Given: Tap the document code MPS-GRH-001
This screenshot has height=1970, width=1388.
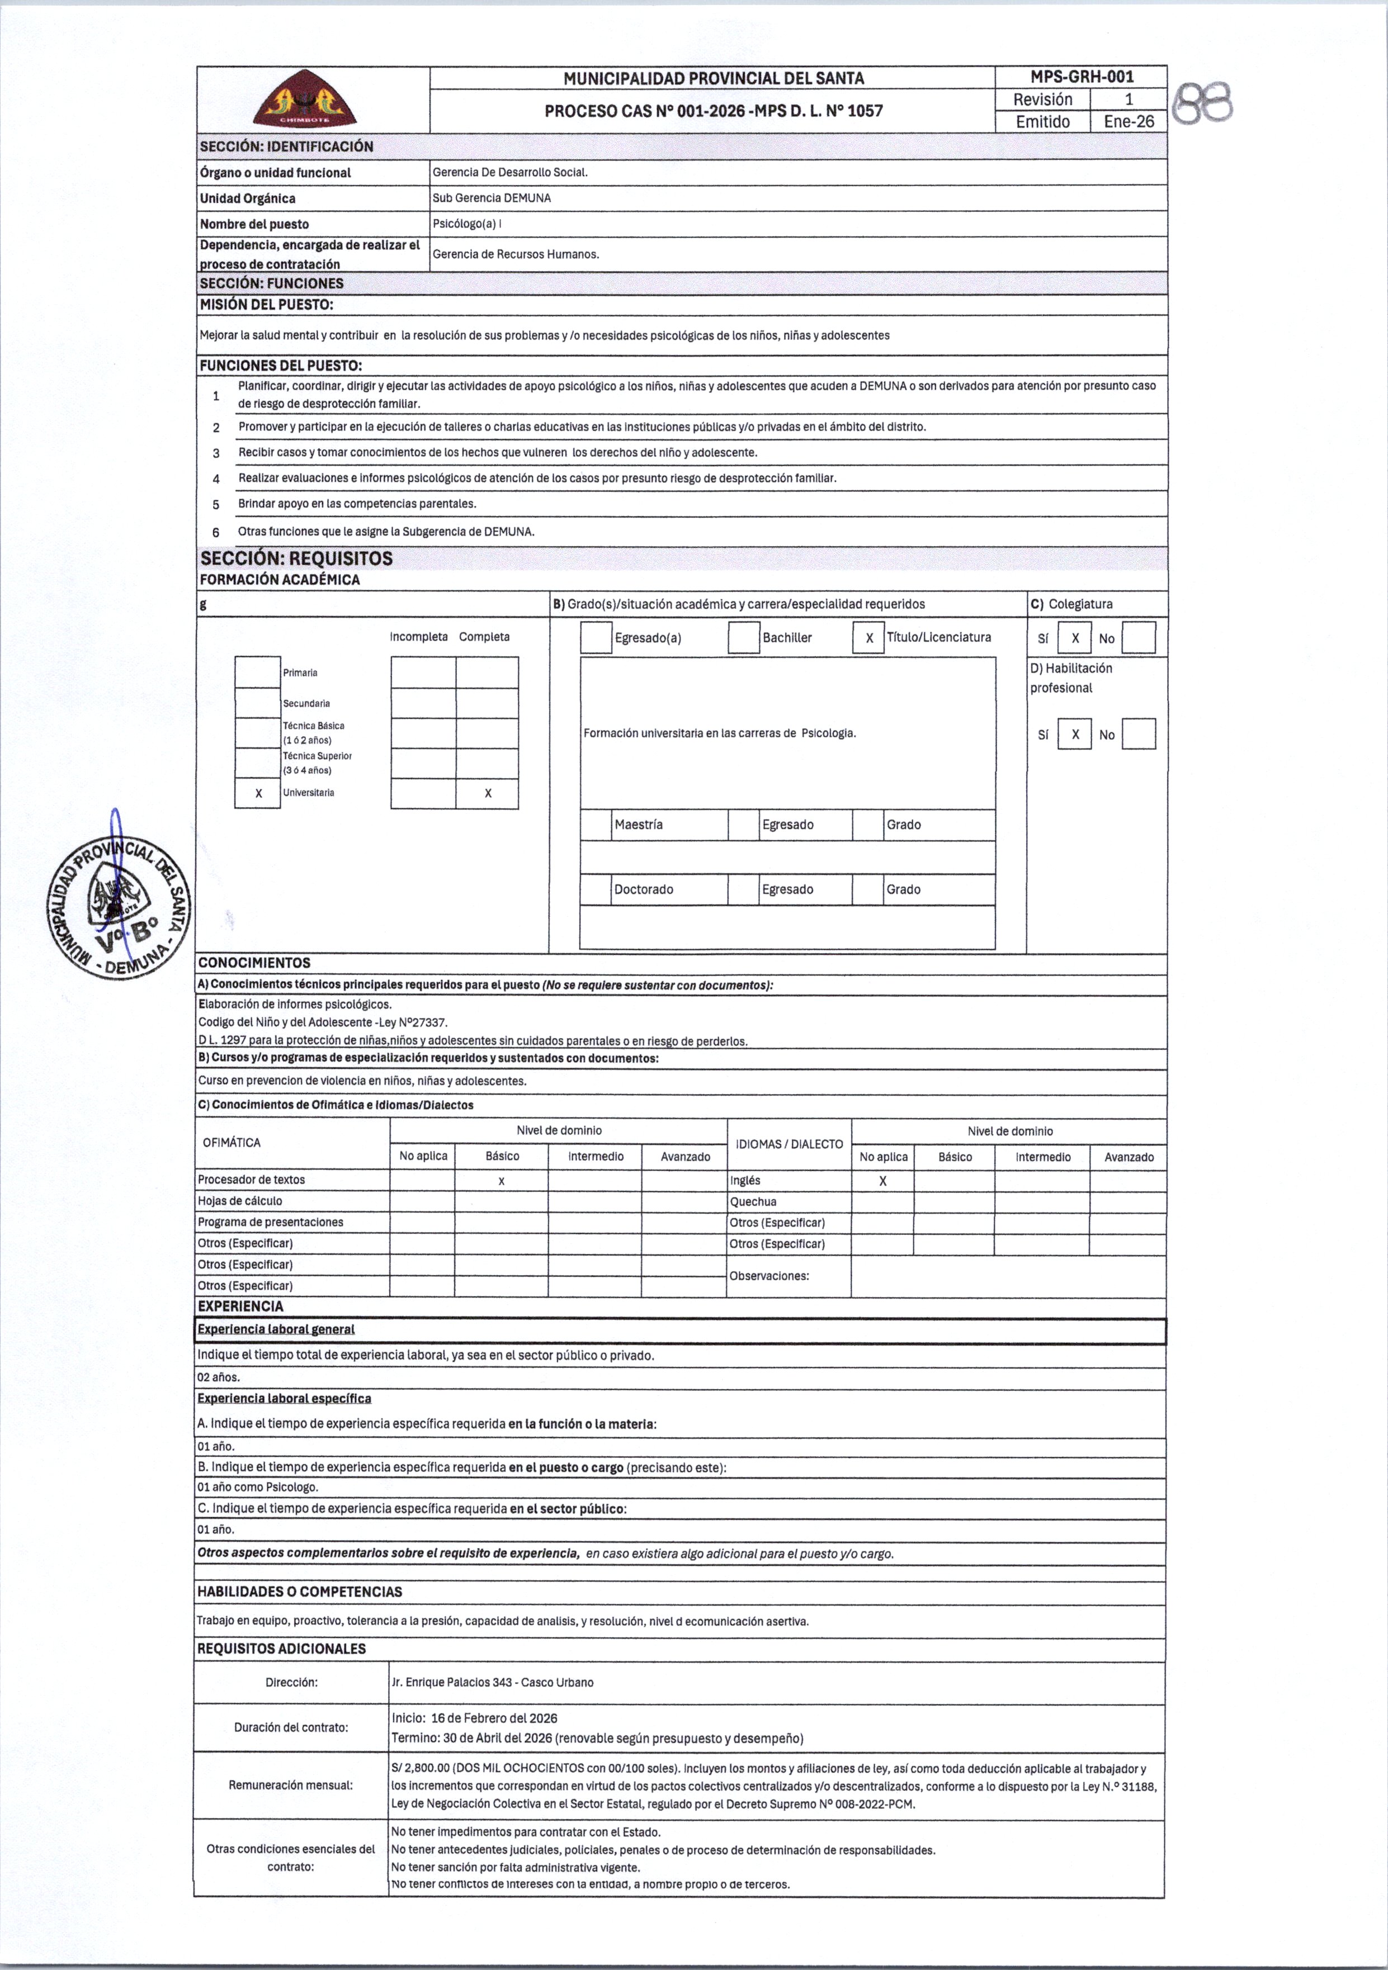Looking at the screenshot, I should click(1080, 77).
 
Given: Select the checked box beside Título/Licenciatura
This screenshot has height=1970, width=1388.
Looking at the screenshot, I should click(868, 637).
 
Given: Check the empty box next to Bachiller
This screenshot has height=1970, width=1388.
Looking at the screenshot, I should click(743, 637).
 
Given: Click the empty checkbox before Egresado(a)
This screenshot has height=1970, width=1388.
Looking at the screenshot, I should click(596, 637).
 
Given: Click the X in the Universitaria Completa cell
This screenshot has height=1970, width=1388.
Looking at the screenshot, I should click(488, 793).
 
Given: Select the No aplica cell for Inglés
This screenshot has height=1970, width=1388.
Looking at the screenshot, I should click(882, 1181).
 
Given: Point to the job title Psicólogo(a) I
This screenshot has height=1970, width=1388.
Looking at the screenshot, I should click(467, 224).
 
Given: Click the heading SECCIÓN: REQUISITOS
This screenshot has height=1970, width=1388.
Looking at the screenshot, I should click(296, 558).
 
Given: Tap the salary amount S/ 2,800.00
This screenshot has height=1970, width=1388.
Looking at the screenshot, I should click(421, 1768).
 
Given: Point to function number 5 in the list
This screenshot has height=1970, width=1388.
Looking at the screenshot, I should click(216, 504).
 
